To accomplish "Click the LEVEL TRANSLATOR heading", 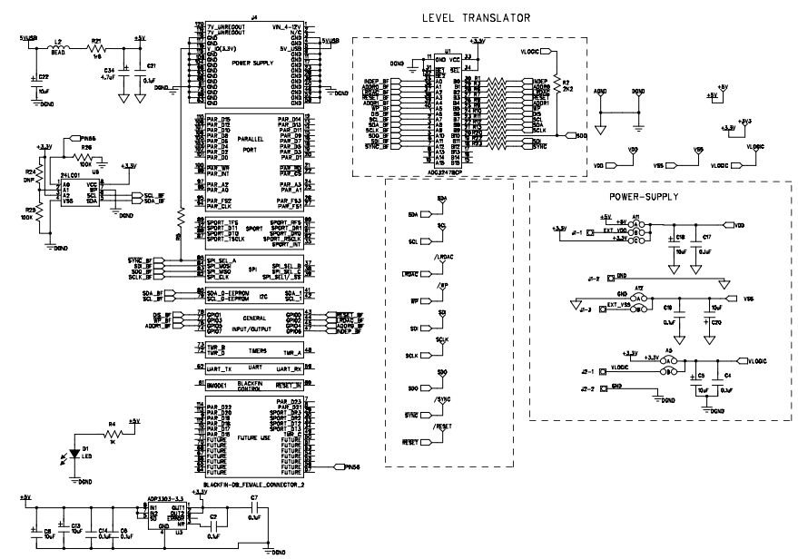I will click(477, 18).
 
